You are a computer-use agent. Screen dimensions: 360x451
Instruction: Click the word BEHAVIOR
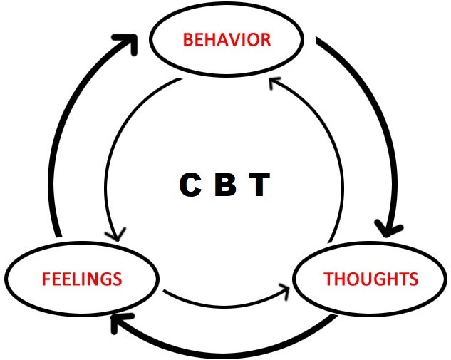click(227, 39)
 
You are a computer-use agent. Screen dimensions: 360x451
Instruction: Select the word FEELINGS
click(81, 277)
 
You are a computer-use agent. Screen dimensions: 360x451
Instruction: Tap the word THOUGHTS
click(370, 278)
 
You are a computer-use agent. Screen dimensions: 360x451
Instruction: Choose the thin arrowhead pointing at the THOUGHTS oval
click(285, 289)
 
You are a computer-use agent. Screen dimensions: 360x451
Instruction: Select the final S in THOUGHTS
click(413, 278)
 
